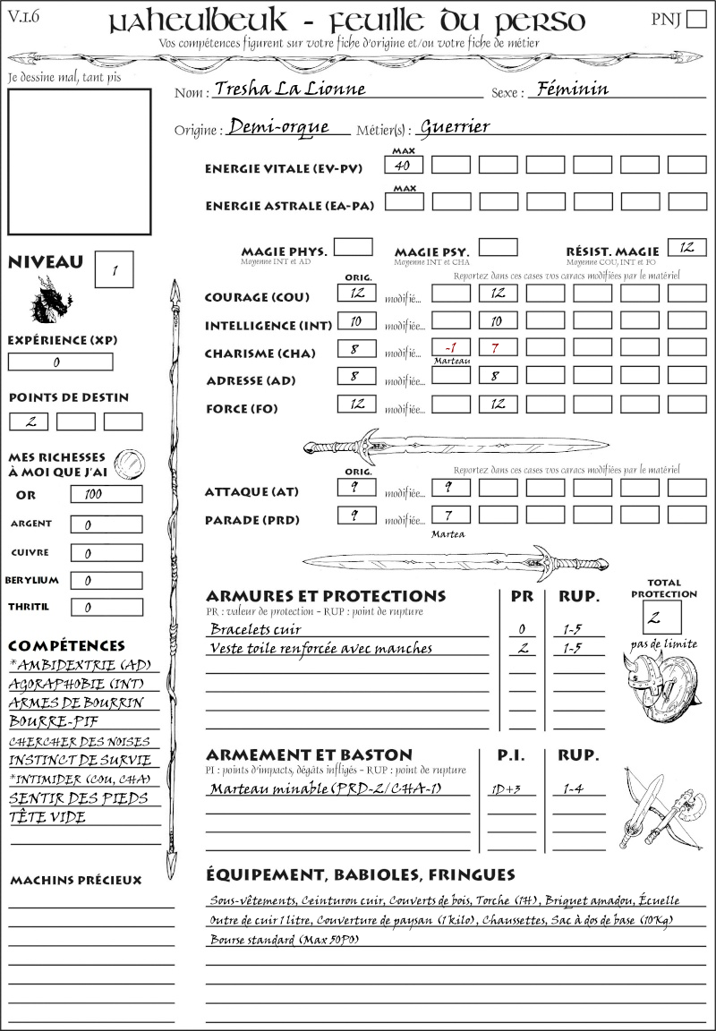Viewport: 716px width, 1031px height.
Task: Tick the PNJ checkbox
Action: click(x=695, y=20)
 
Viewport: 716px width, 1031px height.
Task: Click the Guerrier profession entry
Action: click(x=455, y=127)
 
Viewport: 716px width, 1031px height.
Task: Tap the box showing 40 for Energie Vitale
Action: click(x=404, y=165)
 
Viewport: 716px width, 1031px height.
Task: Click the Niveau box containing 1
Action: click(x=115, y=268)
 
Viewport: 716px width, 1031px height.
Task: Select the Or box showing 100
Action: click(x=106, y=494)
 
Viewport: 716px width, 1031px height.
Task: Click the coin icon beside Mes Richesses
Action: click(x=131, y=463)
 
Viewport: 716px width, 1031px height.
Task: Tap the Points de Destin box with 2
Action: click(x=29, y=422)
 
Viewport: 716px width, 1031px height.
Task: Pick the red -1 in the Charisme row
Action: click(x=450, y=346)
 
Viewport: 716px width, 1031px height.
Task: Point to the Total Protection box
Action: click(x=662, y=617)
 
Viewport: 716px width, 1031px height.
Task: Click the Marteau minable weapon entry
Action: click(x=338, y=789)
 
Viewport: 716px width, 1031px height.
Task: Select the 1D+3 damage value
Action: click(x=522, y=789)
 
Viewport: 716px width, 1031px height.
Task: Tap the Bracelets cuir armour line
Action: click(x=256, y=629)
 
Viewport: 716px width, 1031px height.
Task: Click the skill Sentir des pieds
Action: click(x=78, y=798)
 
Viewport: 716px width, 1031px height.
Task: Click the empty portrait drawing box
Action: click(x=79, y=161)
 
